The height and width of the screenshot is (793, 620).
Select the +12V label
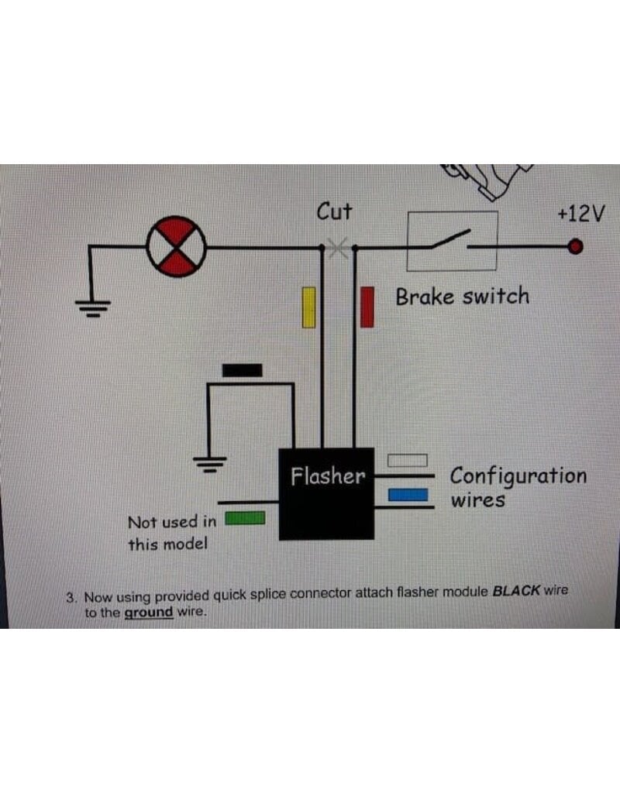click(x=580, y=214)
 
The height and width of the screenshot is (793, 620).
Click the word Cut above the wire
click(x=335, y=211)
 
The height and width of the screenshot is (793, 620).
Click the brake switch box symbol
click(x=452, y=241)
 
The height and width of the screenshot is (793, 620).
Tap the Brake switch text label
click(x=463, y=297)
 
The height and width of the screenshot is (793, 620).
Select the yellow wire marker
click(x=309, y=307)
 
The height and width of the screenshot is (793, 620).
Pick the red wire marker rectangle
click(x=368, y=307)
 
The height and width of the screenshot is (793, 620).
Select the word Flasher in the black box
click(x=327, y=475)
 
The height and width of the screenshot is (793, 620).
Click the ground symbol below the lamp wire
click(x=91, y=308)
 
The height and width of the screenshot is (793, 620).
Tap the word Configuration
click(x=518, y=475)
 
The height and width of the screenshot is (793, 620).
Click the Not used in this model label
click(x=171, y=533)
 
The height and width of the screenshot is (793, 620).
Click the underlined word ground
click(x=149, y=611)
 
